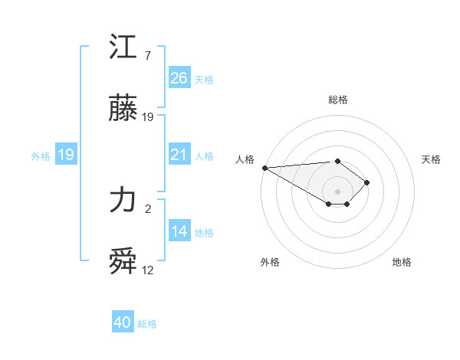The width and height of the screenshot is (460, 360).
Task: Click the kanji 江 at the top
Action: pyautogui.click(x=123, y=48)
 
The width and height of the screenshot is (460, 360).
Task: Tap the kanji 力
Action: pyautogui.click(x=123, y=201)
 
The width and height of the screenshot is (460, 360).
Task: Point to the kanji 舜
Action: pyautogui.click(x=123, y=262)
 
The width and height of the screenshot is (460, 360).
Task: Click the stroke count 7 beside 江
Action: pyautogui.click(x=148, y=57)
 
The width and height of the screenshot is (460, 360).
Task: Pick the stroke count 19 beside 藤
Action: pyautogui.click(x=148, y=117)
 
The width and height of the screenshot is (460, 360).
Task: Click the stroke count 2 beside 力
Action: pyautogui.click(x=148, y=208)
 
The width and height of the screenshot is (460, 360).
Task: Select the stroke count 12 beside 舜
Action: pyautogui.click(x=148, y=270)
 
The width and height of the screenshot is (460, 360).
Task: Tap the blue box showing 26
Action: pyautogui.click(x=179, y=78)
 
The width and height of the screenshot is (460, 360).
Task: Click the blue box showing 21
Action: pyautogui.click(x=179, y=155)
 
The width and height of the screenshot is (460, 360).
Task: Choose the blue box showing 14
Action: pyautogui.click(x=179, y=231)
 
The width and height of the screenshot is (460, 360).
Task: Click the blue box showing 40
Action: pyautogui.click(x=123, y=323)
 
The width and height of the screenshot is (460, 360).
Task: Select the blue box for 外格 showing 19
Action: pyautogui.click(x=66, y=155)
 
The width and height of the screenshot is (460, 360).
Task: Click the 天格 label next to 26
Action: pyautogui.click(x=204, y=79)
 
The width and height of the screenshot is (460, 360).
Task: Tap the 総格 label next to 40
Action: pyautogui.click(x=147, y=324)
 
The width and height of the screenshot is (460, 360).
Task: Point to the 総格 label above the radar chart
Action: pyautogui.click(x=338, y=100)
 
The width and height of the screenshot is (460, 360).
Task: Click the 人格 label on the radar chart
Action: pyautogui.click(x=245, y=159)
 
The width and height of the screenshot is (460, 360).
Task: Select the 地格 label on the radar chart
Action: pyautogui.click(x=402, y=262)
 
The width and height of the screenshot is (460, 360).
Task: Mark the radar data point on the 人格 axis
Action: pyautogui.click(x=264, y=168)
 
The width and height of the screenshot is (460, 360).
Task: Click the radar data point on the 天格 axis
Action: pyautogui.click(x=368, y=182)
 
